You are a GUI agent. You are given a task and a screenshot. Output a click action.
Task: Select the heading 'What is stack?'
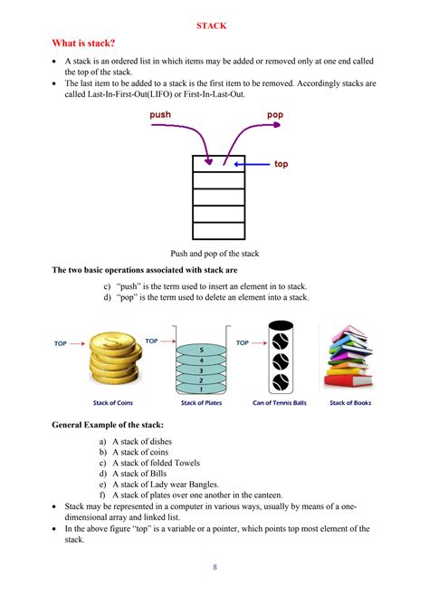[83, 43]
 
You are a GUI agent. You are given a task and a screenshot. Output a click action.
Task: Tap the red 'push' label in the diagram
[161, 115]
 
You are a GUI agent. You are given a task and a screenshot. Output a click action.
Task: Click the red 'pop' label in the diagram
[275, 115]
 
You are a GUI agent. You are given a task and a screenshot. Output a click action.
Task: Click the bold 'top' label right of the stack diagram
[281, 165]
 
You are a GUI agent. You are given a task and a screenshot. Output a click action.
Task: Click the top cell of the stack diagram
[219, 164]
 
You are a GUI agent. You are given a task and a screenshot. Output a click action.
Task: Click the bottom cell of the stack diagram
[219, 230]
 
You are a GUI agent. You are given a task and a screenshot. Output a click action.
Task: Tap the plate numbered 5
[201, 348]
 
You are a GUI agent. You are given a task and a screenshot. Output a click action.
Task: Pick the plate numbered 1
[201, 389]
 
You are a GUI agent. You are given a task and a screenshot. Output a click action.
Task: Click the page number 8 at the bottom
[214, 568]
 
